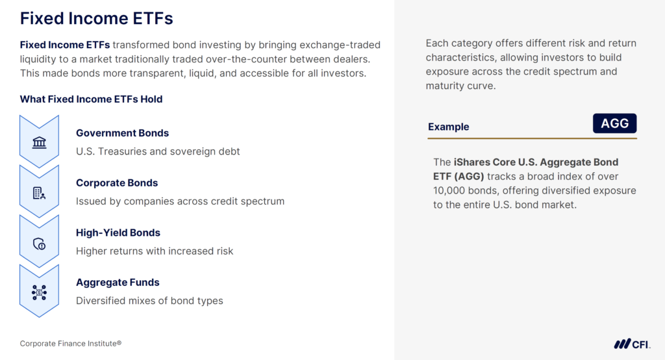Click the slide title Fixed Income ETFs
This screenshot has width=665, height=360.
[x=96, y=18]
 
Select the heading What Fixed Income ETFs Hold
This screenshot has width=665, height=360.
[x=91, y=99]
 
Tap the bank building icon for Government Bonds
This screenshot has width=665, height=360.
[x=39, y=142]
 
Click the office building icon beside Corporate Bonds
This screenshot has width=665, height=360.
[x=39, y=193]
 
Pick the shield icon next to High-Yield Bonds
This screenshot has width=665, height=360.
[x=39, y=244]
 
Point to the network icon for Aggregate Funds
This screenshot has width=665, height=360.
[x=39, y=293]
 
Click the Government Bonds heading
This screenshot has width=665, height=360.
[x=122, y=133]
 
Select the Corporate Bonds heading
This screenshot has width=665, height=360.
[x=117, y=183]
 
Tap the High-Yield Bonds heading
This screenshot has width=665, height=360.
[x=118, y=233]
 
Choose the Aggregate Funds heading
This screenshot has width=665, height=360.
[x=118, y=282]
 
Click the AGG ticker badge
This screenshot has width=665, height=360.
[x=614, y=123]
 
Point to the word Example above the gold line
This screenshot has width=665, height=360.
[x=448, y=127]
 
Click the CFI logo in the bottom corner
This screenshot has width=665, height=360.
[x=632, y=344]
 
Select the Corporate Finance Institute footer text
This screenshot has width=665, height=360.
[x=71, y=343]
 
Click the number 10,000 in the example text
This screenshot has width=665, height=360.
[x=451, y=190]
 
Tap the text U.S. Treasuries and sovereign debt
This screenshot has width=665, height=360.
[x=158, y=151]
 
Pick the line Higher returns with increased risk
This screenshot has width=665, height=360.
[x=155, y=251]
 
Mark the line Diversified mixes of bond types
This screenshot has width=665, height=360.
[x=149, y=301]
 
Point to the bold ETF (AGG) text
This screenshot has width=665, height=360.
[x=458, y=176]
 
